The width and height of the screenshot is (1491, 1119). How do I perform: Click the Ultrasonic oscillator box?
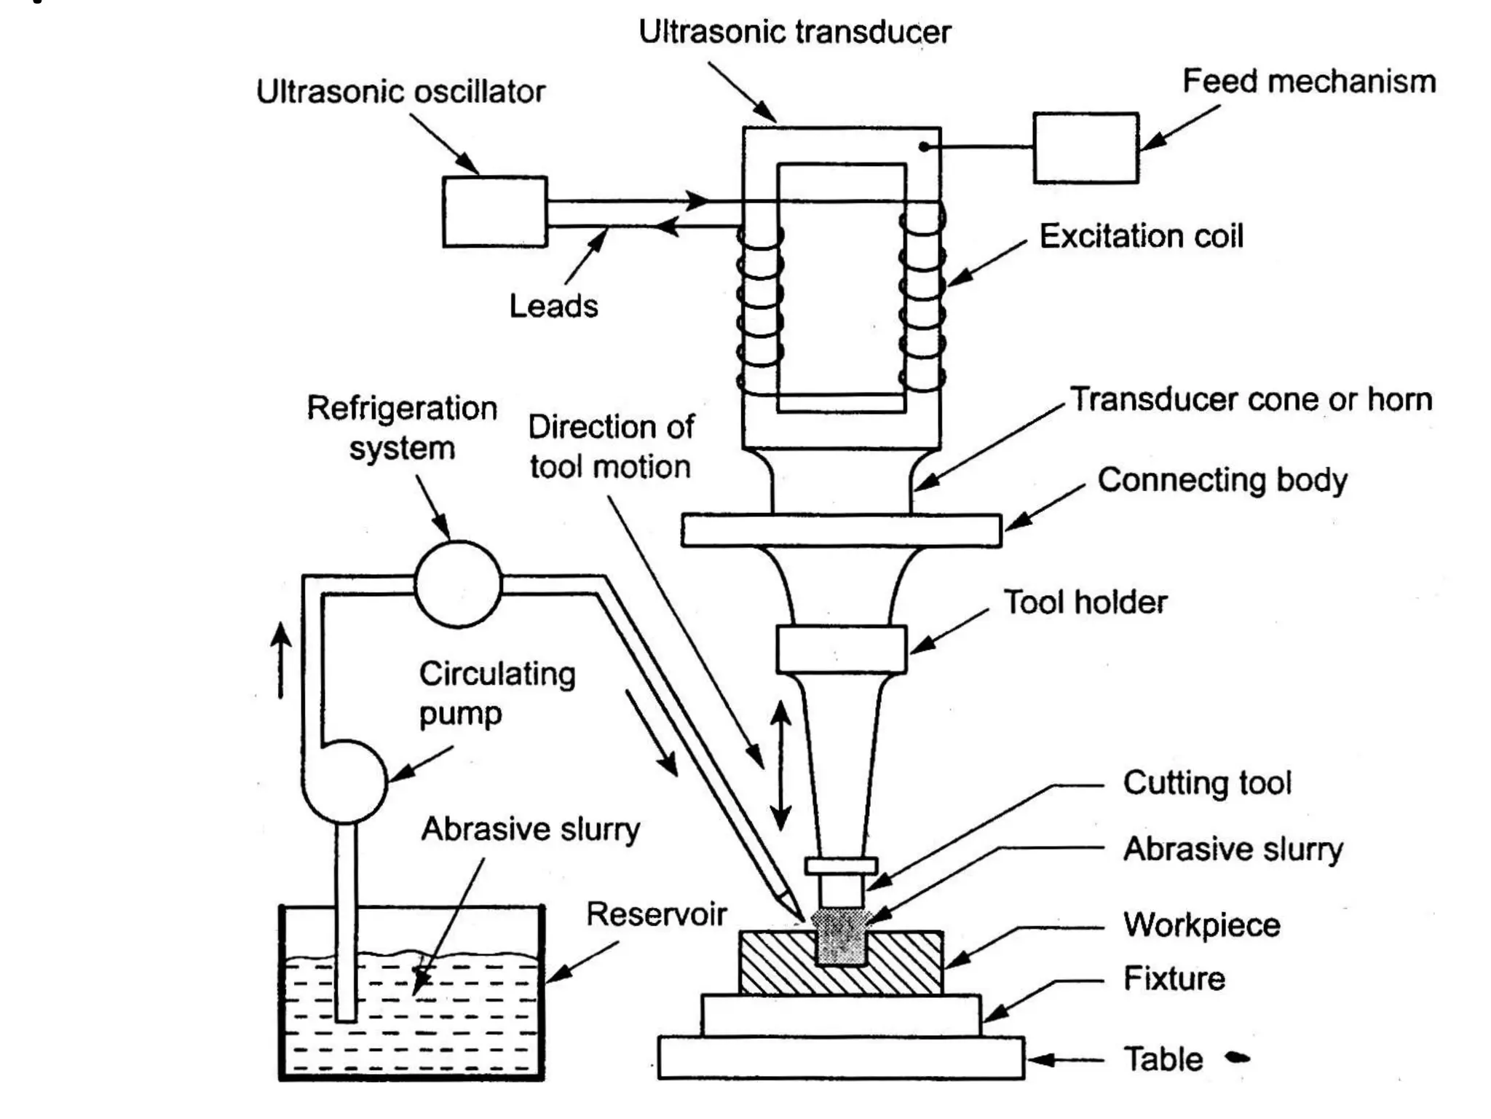tap(494, 211)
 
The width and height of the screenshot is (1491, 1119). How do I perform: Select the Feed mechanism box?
tap(1085, 148)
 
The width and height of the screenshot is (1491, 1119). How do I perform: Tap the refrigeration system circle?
tap(458, 584)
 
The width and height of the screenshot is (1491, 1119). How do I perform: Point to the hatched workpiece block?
tap(772, 963)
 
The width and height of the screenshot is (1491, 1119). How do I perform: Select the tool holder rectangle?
tap(841, 648)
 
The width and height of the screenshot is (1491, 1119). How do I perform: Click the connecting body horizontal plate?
tap(841, 530)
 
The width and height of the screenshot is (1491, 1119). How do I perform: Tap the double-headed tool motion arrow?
tap(780, 765)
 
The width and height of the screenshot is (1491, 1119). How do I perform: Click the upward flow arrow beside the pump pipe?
tap(281, 659)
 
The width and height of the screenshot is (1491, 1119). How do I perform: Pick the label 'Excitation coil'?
tap(1141, 236)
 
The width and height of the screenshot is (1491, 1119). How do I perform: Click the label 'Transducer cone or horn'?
tap(1250, 399)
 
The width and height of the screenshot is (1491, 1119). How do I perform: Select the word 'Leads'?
tap(553, 306)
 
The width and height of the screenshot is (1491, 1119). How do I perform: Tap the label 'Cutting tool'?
tap(1206, 783)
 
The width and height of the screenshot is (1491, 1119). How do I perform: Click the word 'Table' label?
tap(1163, 1059)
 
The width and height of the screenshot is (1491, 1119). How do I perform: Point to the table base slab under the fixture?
tap(841, 1058)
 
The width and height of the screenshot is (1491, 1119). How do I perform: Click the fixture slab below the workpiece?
tap(841, 1015)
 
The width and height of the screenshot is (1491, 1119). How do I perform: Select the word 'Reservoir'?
tap(656, 914)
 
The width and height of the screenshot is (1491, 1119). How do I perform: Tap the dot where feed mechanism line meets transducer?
tap(923, 147)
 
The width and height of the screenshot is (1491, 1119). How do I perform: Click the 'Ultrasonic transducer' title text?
tap(794, 32)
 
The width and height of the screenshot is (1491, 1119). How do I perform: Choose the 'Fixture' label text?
tap(1174, 978)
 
